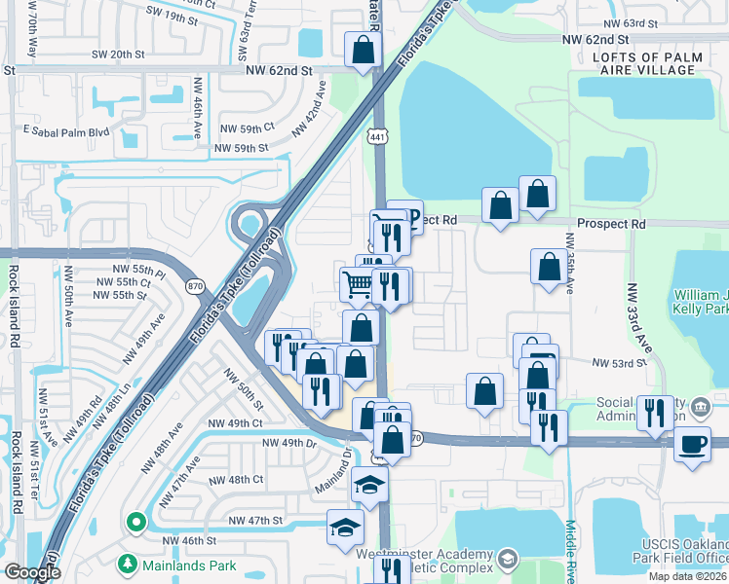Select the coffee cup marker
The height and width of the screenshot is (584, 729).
point(693,444)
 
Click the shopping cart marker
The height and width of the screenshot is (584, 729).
point(357,284)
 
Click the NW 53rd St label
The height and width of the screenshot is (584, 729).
point(620,363)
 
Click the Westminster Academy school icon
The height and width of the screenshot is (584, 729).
point(508,560)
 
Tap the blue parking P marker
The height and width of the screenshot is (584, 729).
point(412,215)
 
